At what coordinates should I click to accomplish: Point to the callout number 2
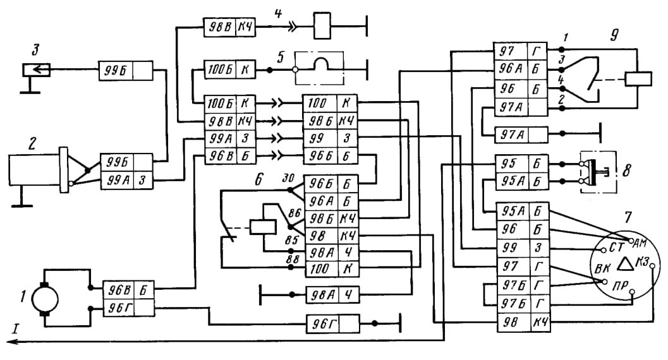32,144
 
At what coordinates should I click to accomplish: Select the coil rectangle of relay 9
638,79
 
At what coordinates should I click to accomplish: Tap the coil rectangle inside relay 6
263,226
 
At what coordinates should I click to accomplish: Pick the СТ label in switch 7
616,247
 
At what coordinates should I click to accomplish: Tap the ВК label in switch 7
602,268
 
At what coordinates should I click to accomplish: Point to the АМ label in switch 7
640,243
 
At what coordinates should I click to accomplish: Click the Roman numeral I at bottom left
16,328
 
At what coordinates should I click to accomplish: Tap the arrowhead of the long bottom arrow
11,341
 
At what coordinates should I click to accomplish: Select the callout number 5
281,57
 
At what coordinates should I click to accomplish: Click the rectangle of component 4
322,26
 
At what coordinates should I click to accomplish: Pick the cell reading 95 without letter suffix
512,164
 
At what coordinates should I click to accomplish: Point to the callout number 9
614,35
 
